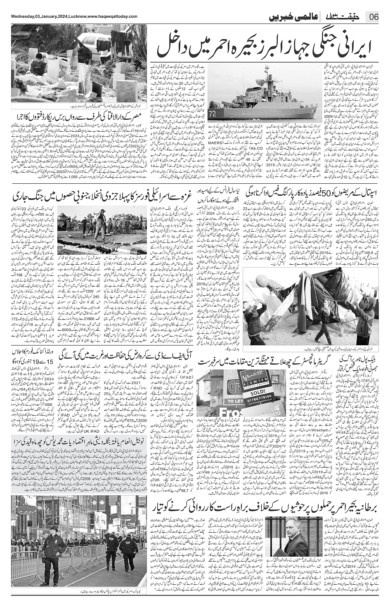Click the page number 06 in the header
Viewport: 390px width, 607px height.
tap(373, 17)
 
